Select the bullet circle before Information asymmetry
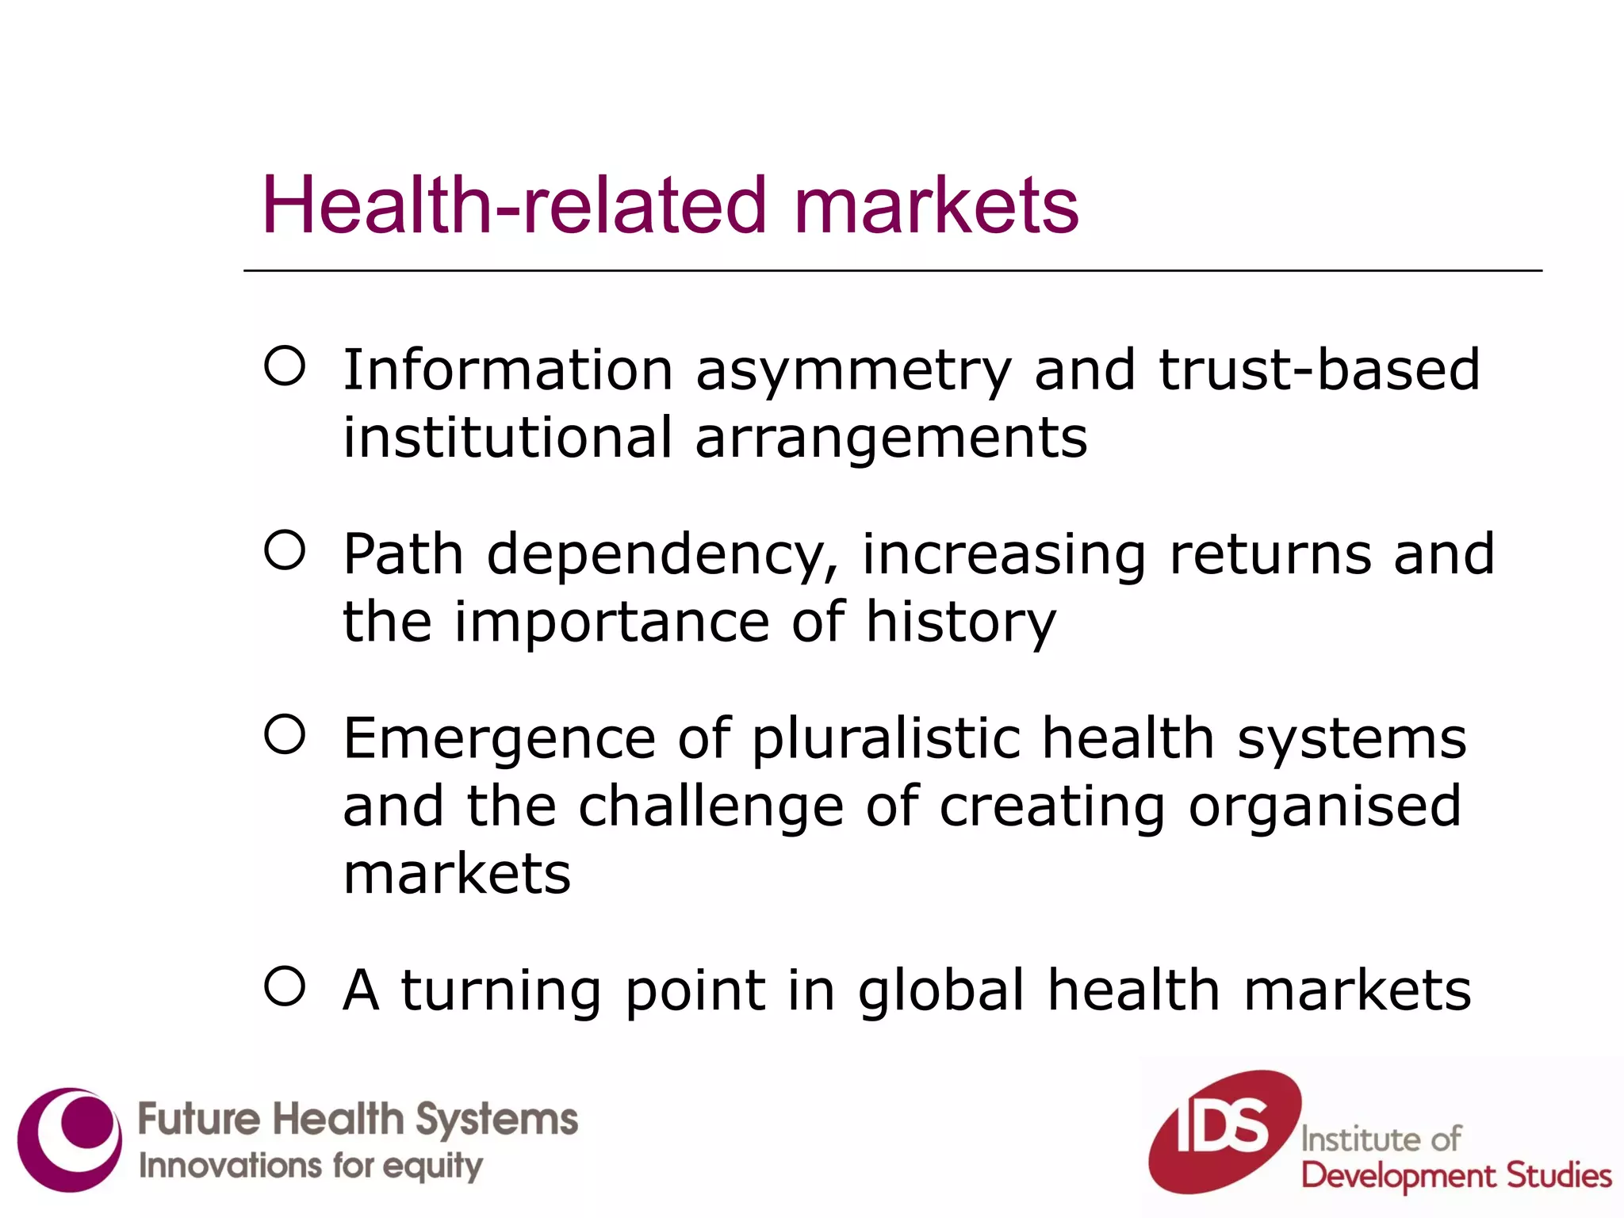pyautogui.click(x=285, y=366)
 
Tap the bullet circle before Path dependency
pyautogui.click(x=285, y=550)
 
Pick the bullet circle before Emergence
pyautogui.click(x=285, y=734)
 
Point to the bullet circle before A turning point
pyautogui.click(x=285, y=986)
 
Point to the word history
pyautogui.click(x=960, y=623)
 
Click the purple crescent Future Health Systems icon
pyautogui.click(x=70, y=1139)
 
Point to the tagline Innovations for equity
pyautogui.click(x=310, y=1166)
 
